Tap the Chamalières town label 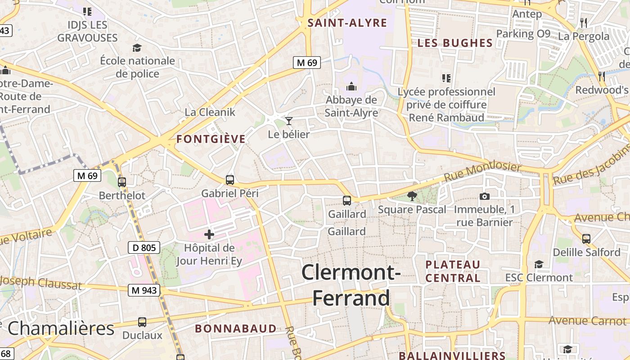point(61,328)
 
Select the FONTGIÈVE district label point(211,139)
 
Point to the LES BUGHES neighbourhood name point(455,43)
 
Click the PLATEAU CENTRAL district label point(453,271)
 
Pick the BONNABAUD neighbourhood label point(236,328)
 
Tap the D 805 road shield point(144,247)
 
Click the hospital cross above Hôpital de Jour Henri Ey point(209,234)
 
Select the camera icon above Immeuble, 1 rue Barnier point(484,196)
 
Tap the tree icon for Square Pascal point(411,196)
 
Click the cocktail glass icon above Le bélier point(289,121)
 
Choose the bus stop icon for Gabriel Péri point(230,180)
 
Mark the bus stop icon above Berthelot point(122,182)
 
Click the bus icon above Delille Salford point(586,238)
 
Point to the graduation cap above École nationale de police point(137,48)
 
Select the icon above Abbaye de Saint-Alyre point(351,86)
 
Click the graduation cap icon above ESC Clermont point(539,264)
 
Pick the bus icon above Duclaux point(142,322)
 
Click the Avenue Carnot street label point(587,321)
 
